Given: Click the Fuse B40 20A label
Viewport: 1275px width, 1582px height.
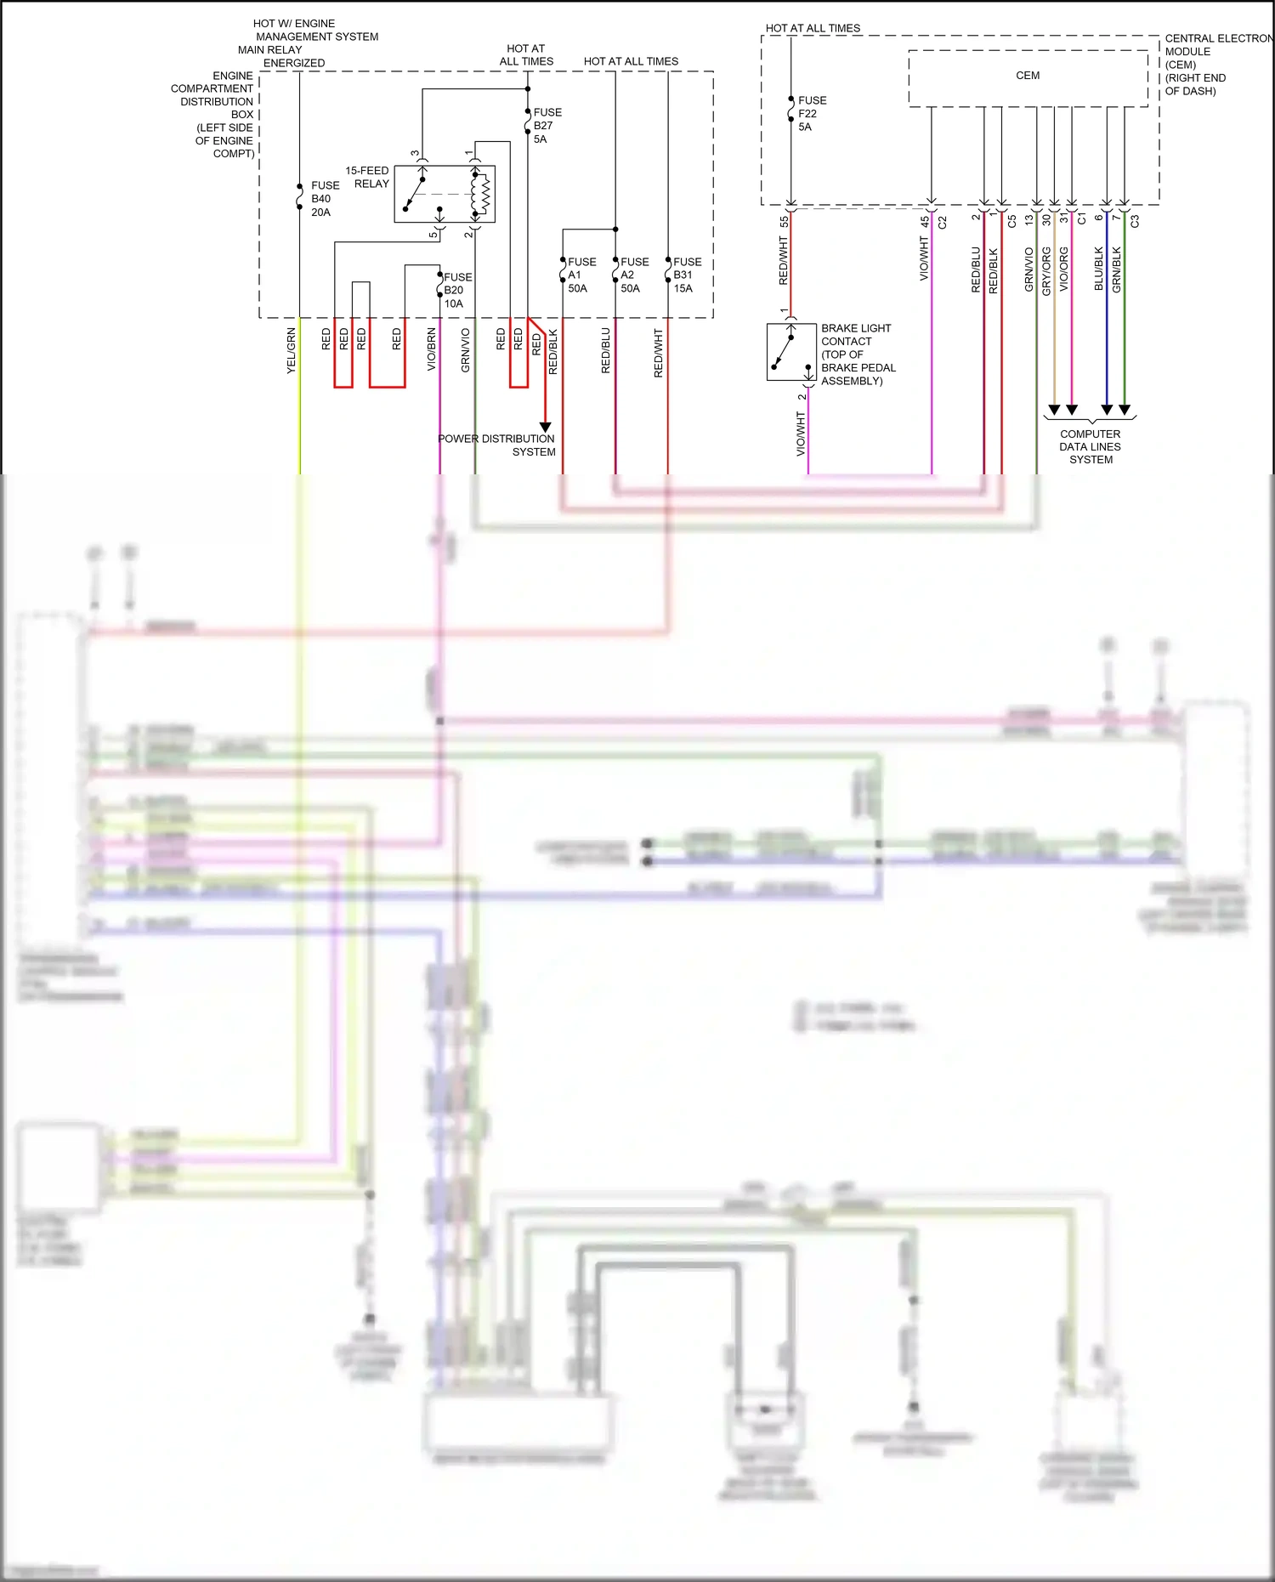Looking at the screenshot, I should tap(324, 199).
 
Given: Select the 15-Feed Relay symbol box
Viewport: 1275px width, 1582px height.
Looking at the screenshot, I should tap(445, 194).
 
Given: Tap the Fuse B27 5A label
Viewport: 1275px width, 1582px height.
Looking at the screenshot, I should tap(547, 126).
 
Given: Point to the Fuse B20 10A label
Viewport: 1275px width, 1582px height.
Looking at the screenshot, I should tap(457, 291).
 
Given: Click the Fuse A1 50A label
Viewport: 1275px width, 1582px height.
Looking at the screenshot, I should tap(581, 275).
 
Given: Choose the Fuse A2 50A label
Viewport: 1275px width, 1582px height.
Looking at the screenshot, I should tap(634, 275).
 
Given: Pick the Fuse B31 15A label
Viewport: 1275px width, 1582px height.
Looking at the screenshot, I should tap(687, 275).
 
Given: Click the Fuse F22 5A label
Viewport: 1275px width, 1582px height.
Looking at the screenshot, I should tap(812, 114).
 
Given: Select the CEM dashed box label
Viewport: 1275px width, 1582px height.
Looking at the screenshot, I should tap(1028, 76).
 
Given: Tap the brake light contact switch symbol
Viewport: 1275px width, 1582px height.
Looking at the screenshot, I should tap(791, 351).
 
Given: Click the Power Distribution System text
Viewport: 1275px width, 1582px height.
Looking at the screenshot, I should tap(497, 445).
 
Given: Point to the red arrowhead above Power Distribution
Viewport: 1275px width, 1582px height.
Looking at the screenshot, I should tap(546, 427).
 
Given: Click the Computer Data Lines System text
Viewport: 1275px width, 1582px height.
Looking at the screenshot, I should tap(1091, 446).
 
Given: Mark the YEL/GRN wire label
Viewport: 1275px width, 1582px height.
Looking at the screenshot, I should tap(291, 350).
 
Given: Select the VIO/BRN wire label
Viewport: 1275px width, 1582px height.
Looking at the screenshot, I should tap(431, 349).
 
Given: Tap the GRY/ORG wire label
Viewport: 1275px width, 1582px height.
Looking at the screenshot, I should tap(1046, 271).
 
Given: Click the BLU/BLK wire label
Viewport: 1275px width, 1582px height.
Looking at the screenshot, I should tap(1098, 269).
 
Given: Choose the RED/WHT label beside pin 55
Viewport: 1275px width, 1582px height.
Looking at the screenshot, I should tap(783, 260).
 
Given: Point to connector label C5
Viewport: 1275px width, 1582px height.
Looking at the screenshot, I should tap(1011, 221).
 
